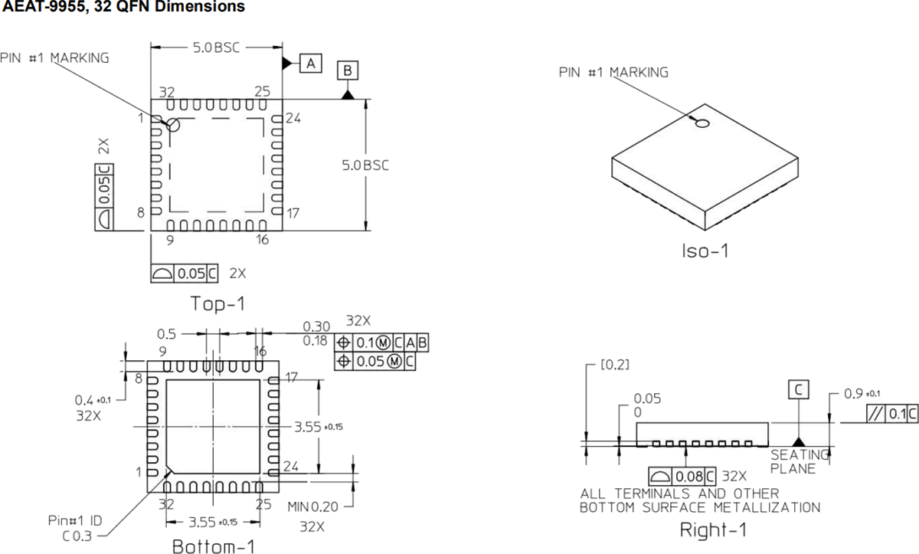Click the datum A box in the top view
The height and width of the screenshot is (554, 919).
(x=310, y=64)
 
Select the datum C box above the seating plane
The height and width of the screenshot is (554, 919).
(x=798, y=390)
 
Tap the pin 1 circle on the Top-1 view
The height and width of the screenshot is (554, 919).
(x=173, y=125)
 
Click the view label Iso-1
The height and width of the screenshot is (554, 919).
(x=705, y=251)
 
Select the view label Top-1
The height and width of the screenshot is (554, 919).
(x=218, y=303)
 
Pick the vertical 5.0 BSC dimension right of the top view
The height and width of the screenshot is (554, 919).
(x=365, y=166)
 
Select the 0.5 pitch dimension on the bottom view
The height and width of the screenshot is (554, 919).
(x=166, y=334)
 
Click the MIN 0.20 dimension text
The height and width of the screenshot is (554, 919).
(x=313, y=507)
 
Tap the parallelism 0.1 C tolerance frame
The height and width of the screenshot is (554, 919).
(x=891, y=415)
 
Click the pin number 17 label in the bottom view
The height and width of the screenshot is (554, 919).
(x=292, y=377)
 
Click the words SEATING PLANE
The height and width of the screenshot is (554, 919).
(x=799, y=461)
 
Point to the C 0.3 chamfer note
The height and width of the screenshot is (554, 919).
(x=77, y=536)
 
